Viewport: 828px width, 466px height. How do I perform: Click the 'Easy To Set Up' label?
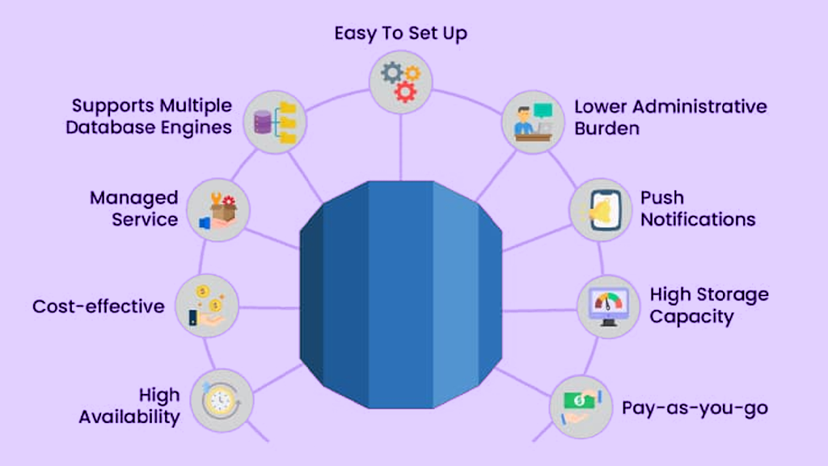point(401,34)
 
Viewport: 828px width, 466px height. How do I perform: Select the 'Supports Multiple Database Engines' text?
point(152,116)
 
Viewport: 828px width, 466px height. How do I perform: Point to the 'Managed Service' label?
point(133,209)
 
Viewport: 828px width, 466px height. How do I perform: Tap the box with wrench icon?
point(218,210)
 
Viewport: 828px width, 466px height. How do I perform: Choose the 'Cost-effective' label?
point(98,307)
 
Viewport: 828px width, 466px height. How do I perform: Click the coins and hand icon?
point(206,306)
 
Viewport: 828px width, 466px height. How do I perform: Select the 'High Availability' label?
point(129,406)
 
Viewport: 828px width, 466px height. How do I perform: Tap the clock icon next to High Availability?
point(222,400)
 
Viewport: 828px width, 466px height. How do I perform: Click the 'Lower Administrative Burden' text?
point(670,117)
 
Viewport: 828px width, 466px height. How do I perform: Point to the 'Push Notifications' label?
point(697,209)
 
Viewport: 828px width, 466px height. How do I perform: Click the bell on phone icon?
point(600,210)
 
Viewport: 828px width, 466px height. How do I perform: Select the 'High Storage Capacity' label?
point(708,305)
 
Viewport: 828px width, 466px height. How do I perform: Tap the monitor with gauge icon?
point(608,306)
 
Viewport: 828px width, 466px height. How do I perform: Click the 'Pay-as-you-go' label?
point(694,407)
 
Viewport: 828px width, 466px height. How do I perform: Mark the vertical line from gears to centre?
point(401,146)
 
